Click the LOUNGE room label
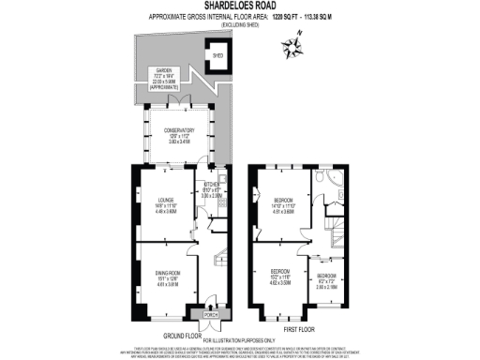(154, 199)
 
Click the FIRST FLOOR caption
(305, 329)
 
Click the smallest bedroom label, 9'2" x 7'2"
(325, 279)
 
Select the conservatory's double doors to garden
(179, 97)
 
